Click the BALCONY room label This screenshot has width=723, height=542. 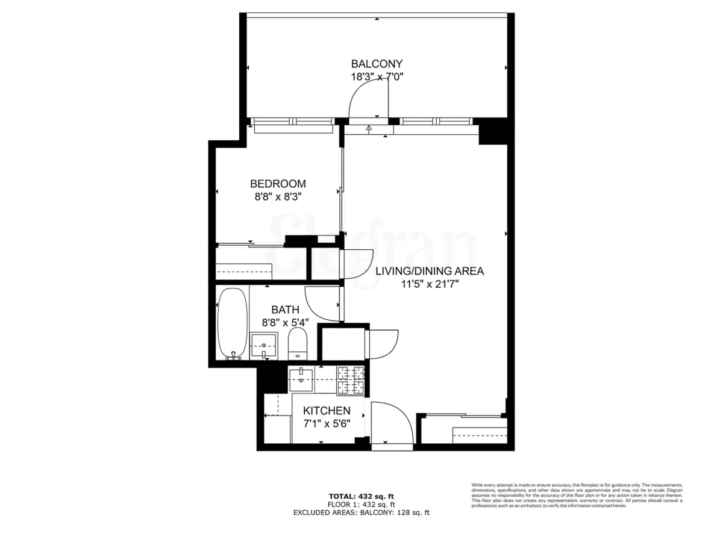click(x=377, y=64)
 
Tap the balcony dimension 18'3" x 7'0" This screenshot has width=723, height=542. click(x=377, y=76)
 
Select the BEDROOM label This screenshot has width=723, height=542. click(x=278, y=184)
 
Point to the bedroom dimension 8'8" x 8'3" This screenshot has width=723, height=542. click(x=278, y=196)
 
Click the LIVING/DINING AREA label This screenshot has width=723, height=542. click(x=430, y=271)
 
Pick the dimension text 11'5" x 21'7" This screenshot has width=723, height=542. click(x=430, y=284)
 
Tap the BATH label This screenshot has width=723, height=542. click(x=285, y=310)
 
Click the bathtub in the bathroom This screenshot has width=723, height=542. click(x=231, y=324)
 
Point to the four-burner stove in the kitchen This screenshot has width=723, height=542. click(x=350, y=381)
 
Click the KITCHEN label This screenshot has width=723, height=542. click(x=327, y=411)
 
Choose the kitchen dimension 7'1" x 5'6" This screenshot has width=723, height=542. click(x=327, y=423)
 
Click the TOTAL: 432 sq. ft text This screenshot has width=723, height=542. click(x=361, y=496)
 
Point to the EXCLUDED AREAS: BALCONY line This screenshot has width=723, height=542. click(x=361, y=512)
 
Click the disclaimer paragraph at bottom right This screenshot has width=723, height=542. click(x=577, y=495)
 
